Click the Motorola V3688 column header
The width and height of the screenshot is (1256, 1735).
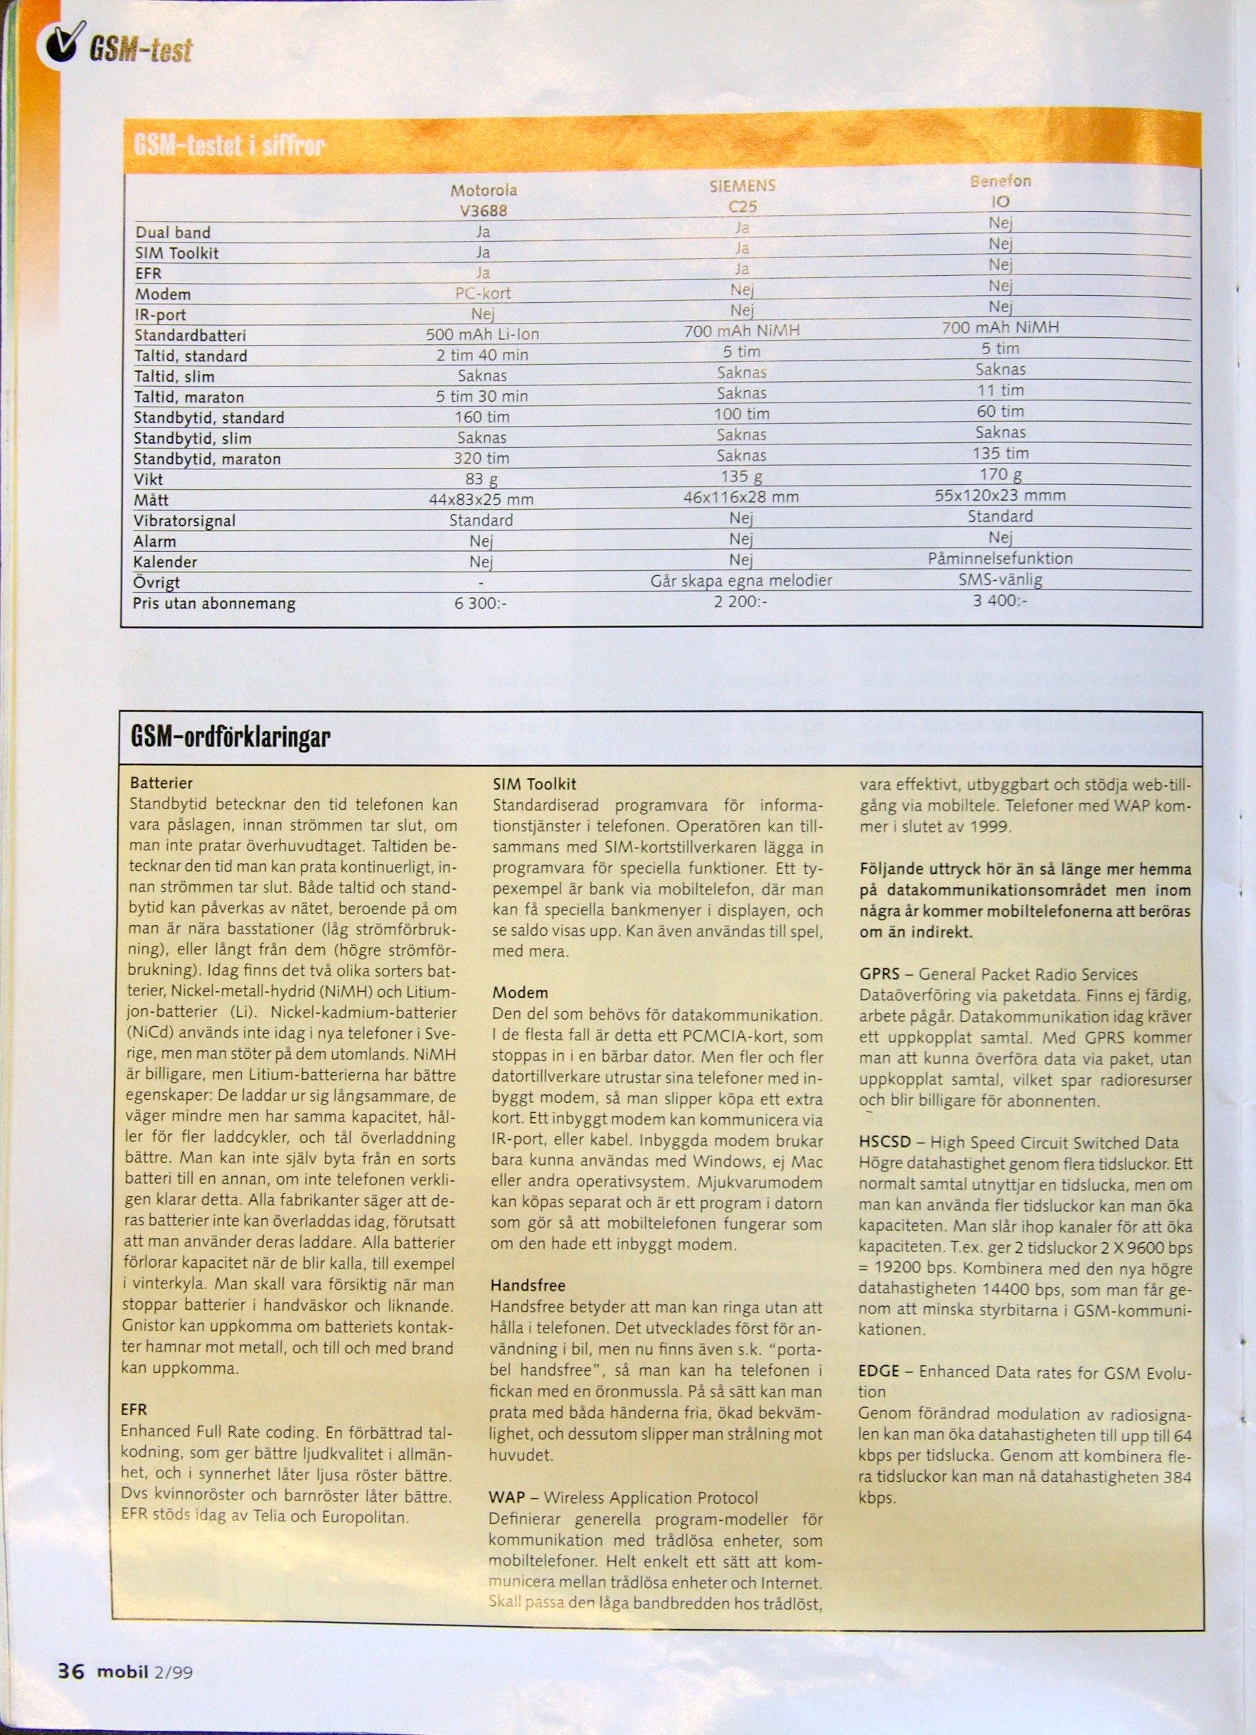[x=484, y=200]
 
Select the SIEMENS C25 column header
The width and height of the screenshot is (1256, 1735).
[x=742, y=196]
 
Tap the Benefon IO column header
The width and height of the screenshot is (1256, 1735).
[x=1001, y=191]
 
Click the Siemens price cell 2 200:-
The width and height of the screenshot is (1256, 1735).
[x=740, y=602]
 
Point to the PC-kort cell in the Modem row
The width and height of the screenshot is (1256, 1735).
[x=483, y=293]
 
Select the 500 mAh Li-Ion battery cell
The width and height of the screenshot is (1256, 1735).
[x=483, y=334]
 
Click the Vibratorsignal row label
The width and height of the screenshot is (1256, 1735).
[x=184, y=521]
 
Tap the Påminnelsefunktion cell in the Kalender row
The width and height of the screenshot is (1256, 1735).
[x=1000, y=558]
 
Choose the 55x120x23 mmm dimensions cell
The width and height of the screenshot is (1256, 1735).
[x=1000, y=495]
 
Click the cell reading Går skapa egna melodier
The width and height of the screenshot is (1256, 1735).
[x=740, y=581]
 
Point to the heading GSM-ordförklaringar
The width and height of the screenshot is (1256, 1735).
[x=230, y=737]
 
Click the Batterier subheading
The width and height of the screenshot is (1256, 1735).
[x=161, y=783]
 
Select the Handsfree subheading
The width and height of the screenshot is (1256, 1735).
[x=527, y=1285]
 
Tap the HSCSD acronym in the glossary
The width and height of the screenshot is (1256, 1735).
[x=884, y=1143]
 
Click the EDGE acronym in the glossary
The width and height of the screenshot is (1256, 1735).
[x=878, y=1371]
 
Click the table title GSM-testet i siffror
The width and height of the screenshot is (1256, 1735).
[x=230, y=144]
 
